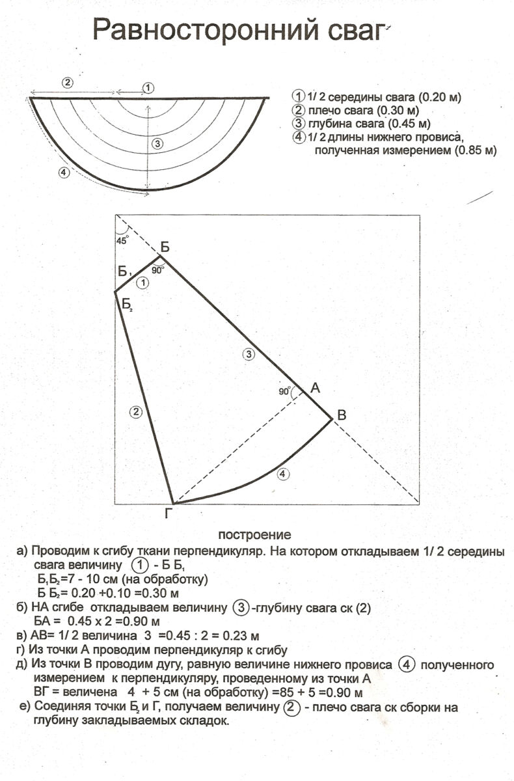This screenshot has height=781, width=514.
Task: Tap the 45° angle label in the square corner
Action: click(123, 240)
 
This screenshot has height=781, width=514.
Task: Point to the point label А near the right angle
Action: click(316, 389)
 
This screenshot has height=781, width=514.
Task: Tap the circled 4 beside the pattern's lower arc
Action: click(282, 474)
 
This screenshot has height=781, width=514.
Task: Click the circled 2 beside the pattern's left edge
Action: click(135, 412)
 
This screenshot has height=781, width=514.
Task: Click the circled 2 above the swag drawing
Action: click(66, 83)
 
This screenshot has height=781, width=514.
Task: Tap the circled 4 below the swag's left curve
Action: click(64, 172)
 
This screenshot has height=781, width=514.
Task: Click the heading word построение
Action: click(254, 536)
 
